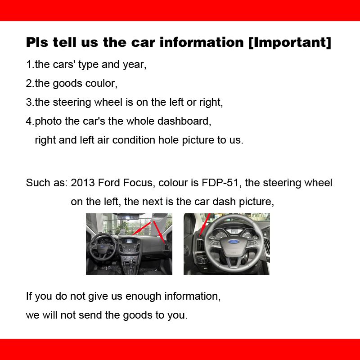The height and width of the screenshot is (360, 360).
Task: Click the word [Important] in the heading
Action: point(290,42)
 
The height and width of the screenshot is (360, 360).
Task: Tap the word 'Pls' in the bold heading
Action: point(37,42)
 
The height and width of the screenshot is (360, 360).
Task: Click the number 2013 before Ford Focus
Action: point(83,183)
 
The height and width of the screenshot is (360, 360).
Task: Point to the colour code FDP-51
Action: point(220,183)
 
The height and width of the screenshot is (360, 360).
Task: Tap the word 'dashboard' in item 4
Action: point(184,121)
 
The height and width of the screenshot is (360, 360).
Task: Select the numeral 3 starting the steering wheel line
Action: point(29,102)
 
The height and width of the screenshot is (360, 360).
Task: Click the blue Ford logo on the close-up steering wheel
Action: point(233,242)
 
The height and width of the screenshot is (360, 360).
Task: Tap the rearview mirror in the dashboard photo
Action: point(128,217)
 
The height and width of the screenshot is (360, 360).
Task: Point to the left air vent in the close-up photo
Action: point(200,245)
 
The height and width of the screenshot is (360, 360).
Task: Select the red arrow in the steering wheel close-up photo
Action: point(205,225)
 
